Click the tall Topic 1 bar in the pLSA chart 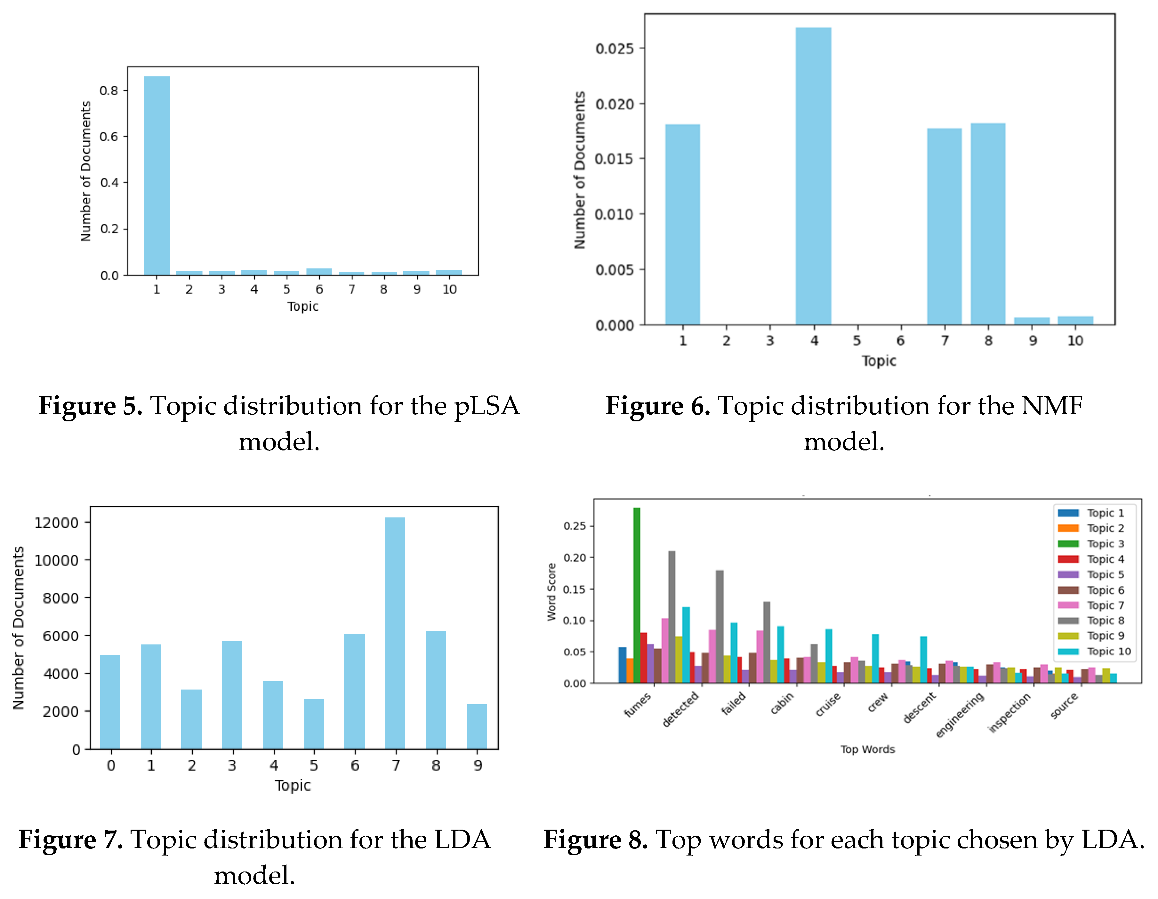pyautogui.click(x=157, y=175)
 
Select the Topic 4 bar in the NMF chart pyautogui.click(x=813, y=175)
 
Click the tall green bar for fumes pyautogui.click(x=636, y=593)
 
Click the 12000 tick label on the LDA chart pyautogui.click(x=56, y=523)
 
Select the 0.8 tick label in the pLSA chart pyautogui.click(x=109, y=90)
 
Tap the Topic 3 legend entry pyautogui.click(x=1105, y=543)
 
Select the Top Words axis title pyautogui.click(x=867, y=749)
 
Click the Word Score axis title pyautogui.click(x=551, y=592)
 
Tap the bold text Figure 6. pyautogui.click(x=657, y=406)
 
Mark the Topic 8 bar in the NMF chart pyautogui.click(x=988, y=223)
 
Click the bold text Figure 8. pyautogui.click(x=595, y=840)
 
